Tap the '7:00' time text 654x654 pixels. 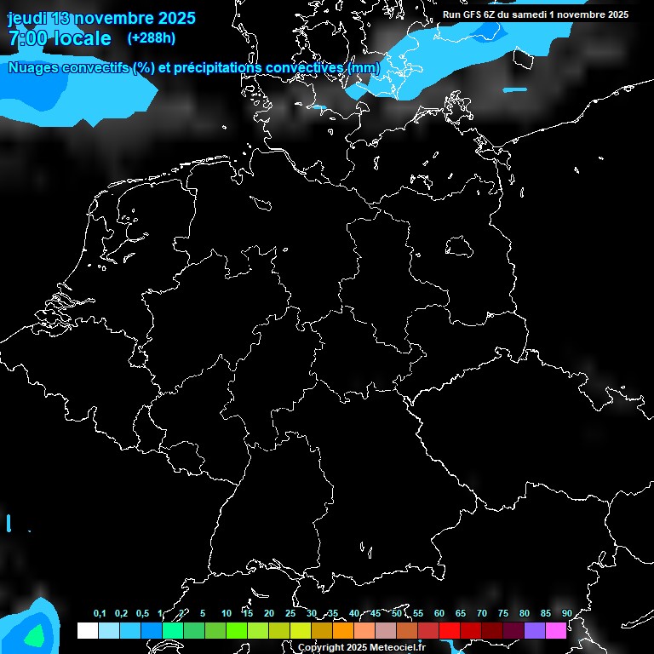click(26, 38)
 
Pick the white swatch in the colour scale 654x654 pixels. click(87, 630)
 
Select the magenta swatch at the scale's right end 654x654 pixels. click(556, 630)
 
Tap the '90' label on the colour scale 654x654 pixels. click(567, 614)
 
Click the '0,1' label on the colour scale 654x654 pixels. click(100, 614)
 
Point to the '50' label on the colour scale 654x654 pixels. click(397, 614)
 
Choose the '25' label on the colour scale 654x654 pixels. click(290, 614)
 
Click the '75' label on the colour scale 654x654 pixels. click(503, 614)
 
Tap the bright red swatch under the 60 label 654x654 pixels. click(450, 630)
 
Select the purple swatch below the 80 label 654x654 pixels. click(535, 630)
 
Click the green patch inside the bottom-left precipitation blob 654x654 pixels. click(34, 636)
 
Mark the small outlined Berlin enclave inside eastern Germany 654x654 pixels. click(459, 246)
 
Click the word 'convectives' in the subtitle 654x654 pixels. click(305, 68)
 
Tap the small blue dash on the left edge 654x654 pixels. click(9, 523)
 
